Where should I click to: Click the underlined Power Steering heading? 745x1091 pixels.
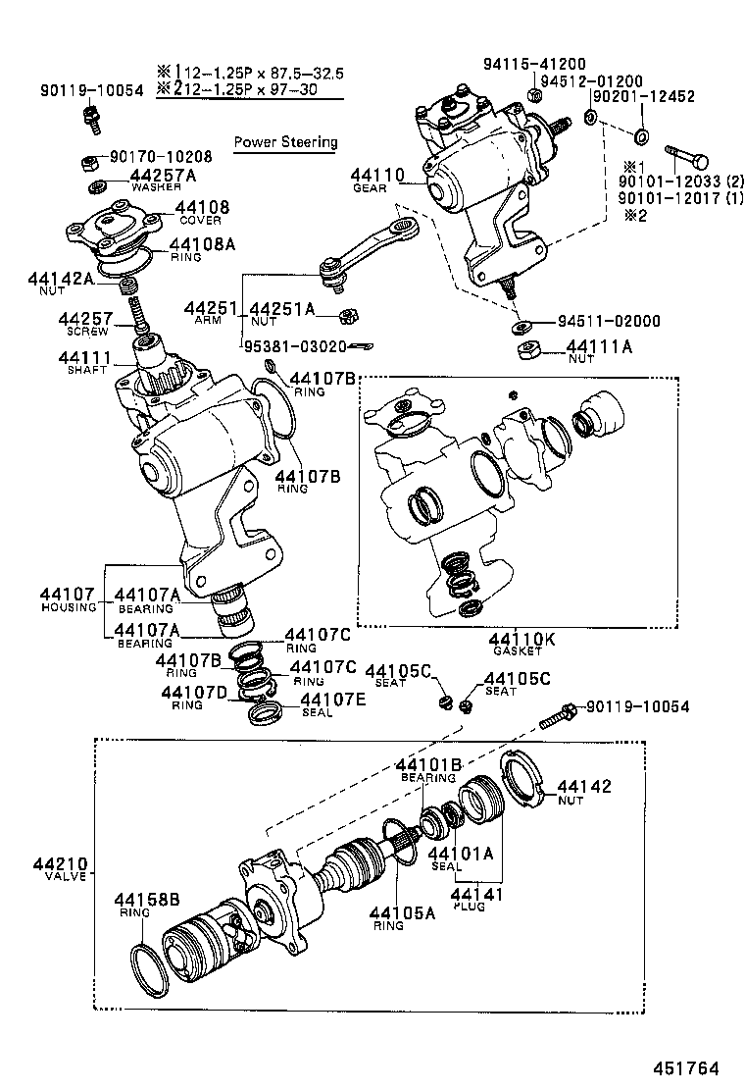click(285, 142)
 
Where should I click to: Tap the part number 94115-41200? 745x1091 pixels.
click(534, 64)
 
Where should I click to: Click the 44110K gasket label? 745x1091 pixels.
click(521, 641)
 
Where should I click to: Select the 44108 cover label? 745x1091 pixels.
click(202, 207)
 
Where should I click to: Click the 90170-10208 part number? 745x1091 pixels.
click(160, 156)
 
